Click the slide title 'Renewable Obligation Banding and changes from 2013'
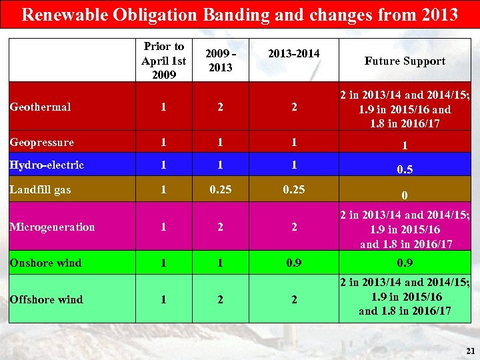tap(240, 14)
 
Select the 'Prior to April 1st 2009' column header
tap(163, 61)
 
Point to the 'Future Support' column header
tap(405, 61)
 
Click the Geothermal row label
tap(40, 107)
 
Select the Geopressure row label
tap(41, 142)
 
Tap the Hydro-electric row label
tap(47, 165)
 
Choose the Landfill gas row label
tap(40, 190)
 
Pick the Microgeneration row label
tap(52, 227)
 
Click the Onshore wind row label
tap(45, 263)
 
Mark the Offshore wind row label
tap(46, 299)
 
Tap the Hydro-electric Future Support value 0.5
tap(404, 170)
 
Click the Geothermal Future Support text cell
tap(405, 109)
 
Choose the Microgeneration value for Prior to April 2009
tap(163, 227)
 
